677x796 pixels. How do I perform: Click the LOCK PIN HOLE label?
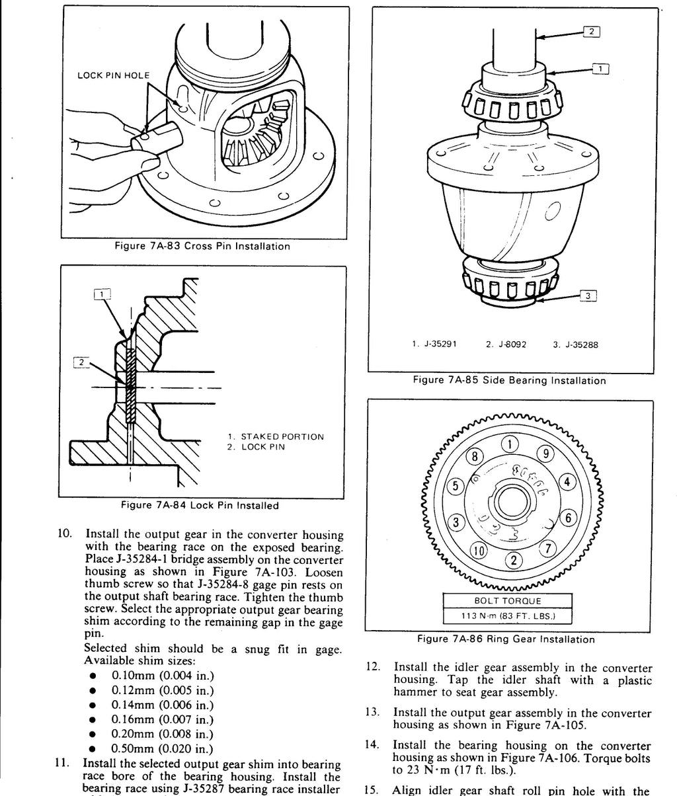click(x=113, y=75)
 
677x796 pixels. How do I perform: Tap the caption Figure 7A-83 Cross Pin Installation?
click(x=202, y=246)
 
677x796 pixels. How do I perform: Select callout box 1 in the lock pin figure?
click(x=102, y=294)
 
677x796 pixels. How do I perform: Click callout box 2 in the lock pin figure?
click(x=81, y=362)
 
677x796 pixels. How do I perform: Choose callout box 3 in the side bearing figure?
click(x=588, y=296)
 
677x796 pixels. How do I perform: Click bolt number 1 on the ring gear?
click(x=510, y=444)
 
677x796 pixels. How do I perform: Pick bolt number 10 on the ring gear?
click(x=478, y=551)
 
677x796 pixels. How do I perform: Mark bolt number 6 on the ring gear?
click(x=568, y=518)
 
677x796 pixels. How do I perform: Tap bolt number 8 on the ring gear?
click(x=475, y=457)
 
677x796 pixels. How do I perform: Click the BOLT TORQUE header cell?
click(x=508, y=601)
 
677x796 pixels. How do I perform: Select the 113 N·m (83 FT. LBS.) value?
click(x=508, y=616)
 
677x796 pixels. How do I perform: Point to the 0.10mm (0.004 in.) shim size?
click(x=163, y=676)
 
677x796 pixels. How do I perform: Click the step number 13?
click(x=372, y=712)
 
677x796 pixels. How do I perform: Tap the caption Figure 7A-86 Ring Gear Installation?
click(x=506, y=639)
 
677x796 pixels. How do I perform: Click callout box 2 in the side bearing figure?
click(x=592, y=31)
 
